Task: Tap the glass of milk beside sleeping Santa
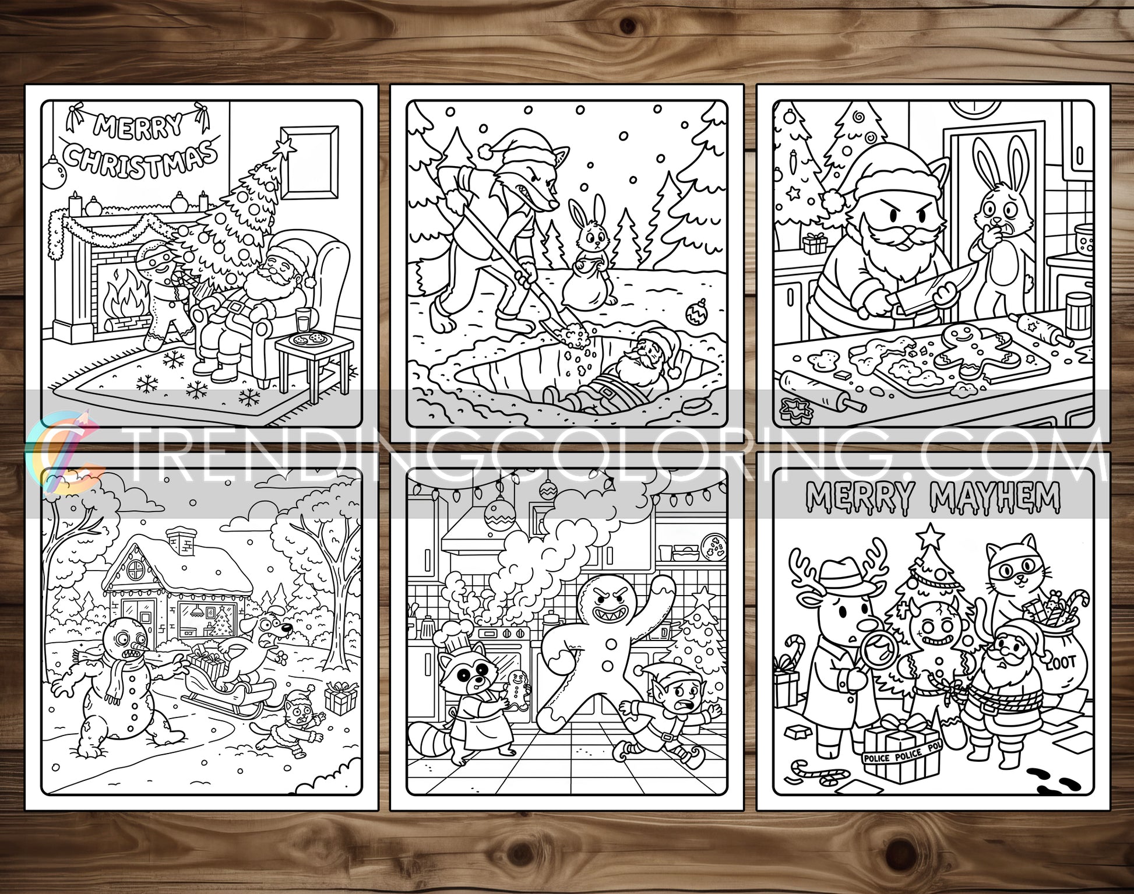click(x=304, y=320)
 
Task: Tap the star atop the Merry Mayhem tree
click(x=931, y=535)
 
